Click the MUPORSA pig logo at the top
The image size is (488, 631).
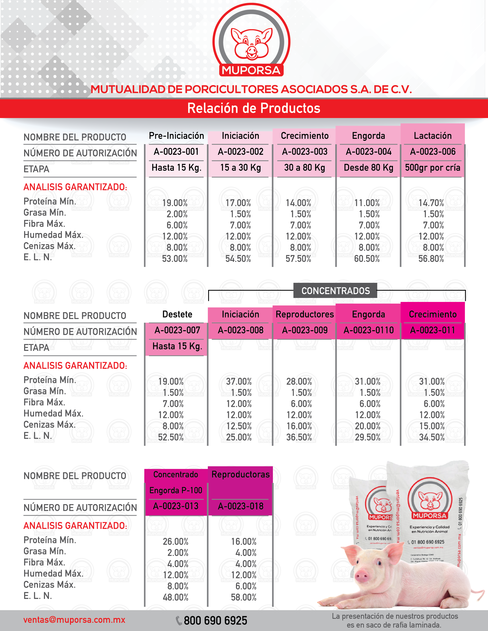pos(251,41)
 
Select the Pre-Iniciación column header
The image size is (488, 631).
pos(176,136)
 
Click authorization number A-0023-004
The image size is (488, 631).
pos(369,152)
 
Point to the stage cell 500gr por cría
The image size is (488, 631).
pos(433,168)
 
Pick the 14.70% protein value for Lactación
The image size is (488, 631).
pos(431,203)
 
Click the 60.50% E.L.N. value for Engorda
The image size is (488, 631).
pos(367,259)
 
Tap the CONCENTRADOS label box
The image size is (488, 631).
pos(335,291)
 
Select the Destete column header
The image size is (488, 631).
pos(177,314)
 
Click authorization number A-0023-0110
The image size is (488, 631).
pos(369,330)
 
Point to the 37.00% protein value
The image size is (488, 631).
pos(239,381)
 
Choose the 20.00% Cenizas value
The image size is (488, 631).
pos(368,426)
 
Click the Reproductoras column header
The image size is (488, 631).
pos(241,474)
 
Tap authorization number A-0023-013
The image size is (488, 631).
pos(176,506)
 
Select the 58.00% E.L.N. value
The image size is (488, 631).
pos(244,597)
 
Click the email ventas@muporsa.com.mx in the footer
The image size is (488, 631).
pos(74,620)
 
